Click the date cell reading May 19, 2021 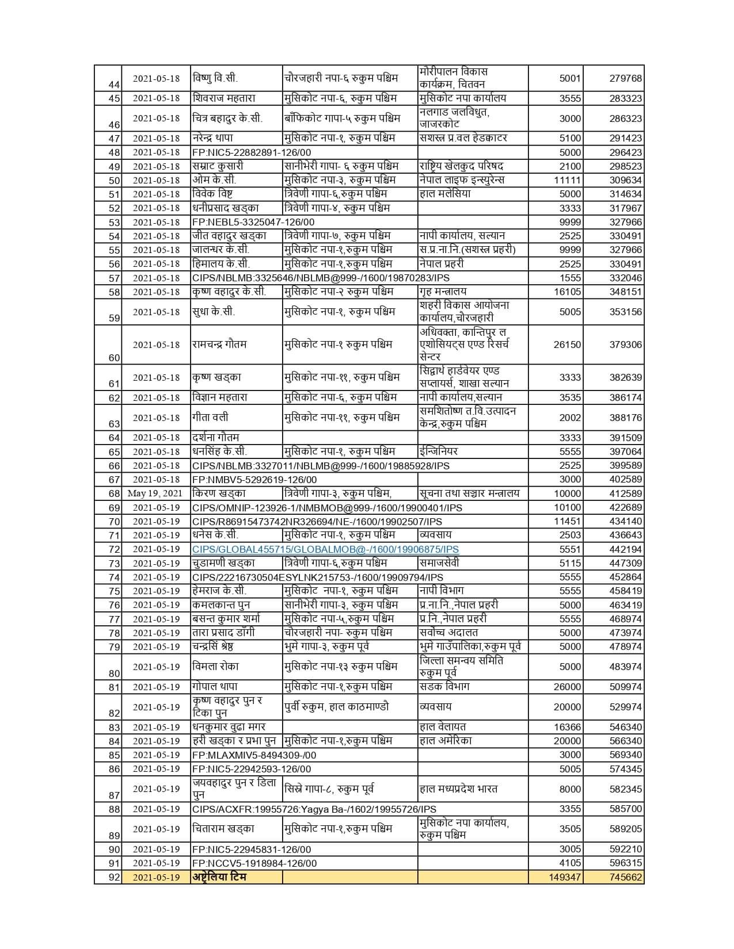point(155,493)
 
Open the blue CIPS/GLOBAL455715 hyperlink point(325,549)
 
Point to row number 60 point(114,357)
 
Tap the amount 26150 point(567,345)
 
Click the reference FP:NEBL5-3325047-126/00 point(253,222)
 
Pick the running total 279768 point(625,78)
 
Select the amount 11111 point(567,180)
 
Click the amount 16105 point(567,292)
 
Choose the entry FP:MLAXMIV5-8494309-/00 point(254,755)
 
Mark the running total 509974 point(625,687)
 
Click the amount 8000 point(570,789)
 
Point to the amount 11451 point(567,521)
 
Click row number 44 point(114,85)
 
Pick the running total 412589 point(625,493)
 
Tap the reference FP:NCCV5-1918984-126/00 point(254,863)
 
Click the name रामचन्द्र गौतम point(219,345)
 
